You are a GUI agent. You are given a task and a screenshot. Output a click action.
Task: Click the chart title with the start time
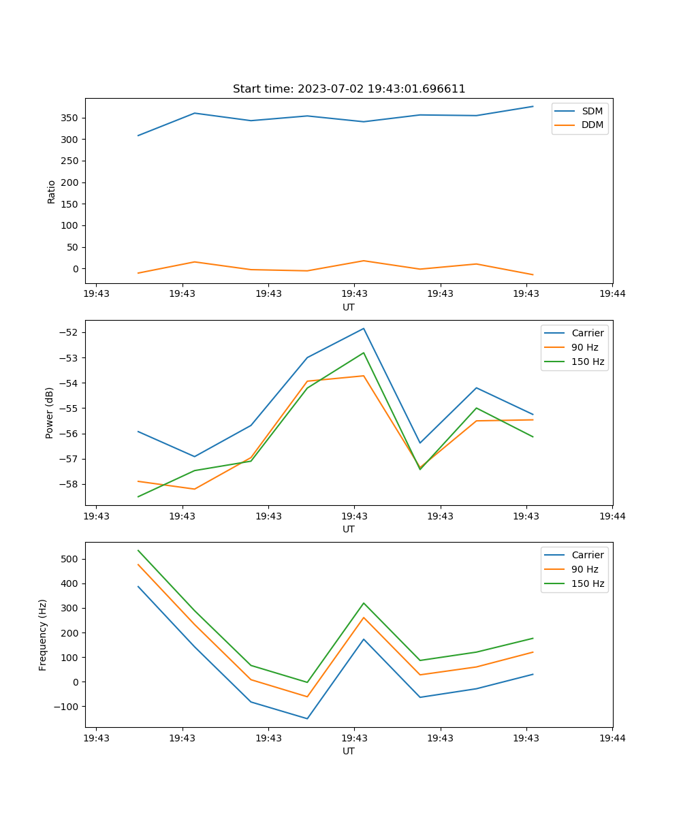[x=349, y=89]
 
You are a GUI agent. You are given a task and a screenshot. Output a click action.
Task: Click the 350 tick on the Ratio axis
[x=71, y=118]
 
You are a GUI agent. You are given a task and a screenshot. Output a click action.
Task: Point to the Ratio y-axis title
[x=52, y=191]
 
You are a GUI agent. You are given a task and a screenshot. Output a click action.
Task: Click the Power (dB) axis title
[x=50, y=413]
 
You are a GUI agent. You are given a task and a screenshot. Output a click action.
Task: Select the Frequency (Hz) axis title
[x=44, y=635]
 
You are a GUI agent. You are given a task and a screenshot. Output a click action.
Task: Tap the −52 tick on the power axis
[x=69, y=332]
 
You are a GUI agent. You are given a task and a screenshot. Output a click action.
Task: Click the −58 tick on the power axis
[x=69, y=484]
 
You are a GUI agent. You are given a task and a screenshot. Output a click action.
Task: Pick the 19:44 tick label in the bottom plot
[x=612, y=738]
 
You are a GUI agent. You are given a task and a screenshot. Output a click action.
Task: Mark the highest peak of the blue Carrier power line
[x=364, y=328]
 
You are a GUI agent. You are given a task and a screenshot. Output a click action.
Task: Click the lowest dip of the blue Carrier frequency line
[x=307, y=718]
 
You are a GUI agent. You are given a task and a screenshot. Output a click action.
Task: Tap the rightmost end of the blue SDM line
[x=533, y=106]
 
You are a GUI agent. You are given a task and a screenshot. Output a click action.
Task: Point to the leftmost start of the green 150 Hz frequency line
[x=138, y=550]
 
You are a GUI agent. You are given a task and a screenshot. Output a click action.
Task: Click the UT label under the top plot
[x=349, y=308]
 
